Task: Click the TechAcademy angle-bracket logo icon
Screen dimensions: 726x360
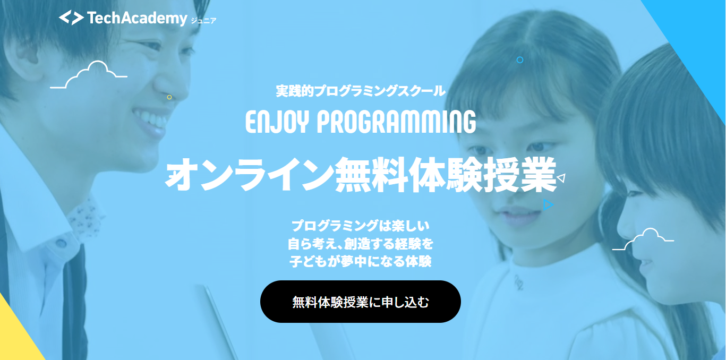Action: point(71,18)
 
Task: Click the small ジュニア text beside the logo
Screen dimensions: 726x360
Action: point(203,21)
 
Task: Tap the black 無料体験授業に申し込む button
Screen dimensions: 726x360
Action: point(361,302)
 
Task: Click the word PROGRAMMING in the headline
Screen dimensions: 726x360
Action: point(396,122)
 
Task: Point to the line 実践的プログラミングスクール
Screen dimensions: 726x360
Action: point(361,91)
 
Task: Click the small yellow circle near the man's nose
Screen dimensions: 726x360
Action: point(169,97)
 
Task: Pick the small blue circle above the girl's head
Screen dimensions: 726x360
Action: point(520,60)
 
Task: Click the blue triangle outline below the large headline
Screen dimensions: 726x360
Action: point(548,205)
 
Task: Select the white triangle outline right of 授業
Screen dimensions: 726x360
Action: point(561,178)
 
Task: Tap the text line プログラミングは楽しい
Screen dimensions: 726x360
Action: point(361,226)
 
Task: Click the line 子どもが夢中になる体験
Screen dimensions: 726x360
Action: point(361,261)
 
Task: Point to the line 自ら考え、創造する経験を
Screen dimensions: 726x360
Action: point(361,244)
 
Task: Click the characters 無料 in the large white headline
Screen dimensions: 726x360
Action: point(370,175)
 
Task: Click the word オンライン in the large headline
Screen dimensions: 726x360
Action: point(250,175)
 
